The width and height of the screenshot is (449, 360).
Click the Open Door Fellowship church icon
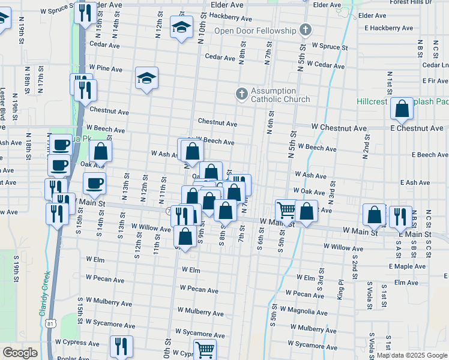pyautogui.click(x=306, y=29)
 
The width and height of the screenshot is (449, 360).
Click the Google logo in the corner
pyautogui.click(x=20, y=353)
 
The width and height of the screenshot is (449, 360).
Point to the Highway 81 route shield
pyautogui.click(x=50, y=324)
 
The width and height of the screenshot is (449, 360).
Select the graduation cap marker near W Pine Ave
pyautogui.click(x=146, y=78)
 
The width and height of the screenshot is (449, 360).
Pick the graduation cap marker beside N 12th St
pyautogui.click(x=181, y=27)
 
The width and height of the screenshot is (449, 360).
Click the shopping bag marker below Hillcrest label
pyautogui.click(x=402, y=109)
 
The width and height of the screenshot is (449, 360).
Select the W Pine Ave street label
pyautogui.click(x=105, y=70)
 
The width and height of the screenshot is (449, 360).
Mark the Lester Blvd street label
pyautogui.click(x=3, y=107)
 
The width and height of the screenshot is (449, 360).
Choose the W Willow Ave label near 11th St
pyautogui.click(x=151, y=228)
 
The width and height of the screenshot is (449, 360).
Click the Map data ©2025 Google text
pyautogui.click(x=412, y=355)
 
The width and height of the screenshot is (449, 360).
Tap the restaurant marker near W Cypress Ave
pyautogui.click(x=121, y=346)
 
